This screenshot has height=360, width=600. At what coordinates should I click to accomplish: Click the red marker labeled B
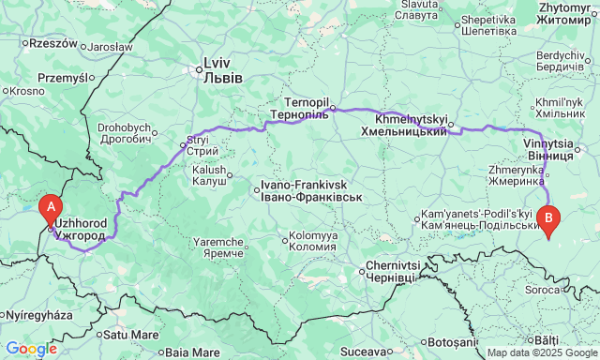tap(549, 217)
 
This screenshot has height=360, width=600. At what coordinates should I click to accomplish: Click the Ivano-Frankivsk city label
tap(304, 191)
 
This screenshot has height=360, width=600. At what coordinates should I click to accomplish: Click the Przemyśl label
tap(62, 79)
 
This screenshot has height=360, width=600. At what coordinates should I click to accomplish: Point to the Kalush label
tap(209, 174)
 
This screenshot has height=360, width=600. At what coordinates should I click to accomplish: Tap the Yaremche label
tap(218, 247)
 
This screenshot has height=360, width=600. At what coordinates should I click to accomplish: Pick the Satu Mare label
tap(127, 333)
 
